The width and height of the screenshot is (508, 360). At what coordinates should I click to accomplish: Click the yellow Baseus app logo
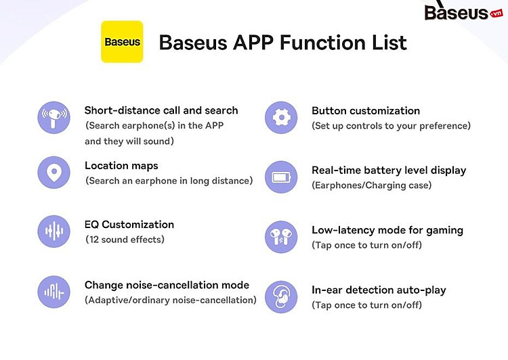pyautogui.click(x=122, y=42)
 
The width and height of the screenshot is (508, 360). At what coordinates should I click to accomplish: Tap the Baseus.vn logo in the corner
pyautogui.click(x=464, y=12)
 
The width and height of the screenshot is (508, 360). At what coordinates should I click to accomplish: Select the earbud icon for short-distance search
pyautogui.click(x=54, y=118)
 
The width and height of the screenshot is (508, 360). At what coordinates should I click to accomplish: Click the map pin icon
pyautogui.click(x=54, y=173)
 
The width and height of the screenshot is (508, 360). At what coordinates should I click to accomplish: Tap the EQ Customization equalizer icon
pyautogui.click(x=54, y=231)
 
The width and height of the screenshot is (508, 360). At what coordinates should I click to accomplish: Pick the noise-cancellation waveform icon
pyautogui.click(x=54, y=292)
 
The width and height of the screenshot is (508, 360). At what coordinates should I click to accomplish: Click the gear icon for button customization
pyautogui.click(x=281, y=118)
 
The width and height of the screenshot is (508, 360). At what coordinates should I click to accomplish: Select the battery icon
pyautogui.click(x=281, y=177)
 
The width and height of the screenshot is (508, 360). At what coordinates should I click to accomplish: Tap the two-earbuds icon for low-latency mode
pyautogui.click(x=281, y=237)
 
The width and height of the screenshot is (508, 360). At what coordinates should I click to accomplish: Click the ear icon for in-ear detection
pyautogui.click(x=281, y=297)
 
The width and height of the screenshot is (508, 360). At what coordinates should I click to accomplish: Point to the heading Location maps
pyautogui.click(x=121, y=166)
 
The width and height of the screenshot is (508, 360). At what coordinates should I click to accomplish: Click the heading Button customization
pyautogui.click(x=366, y=111)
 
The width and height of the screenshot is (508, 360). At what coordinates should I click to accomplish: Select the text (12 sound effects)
pyautogui.click(x=125, y=240)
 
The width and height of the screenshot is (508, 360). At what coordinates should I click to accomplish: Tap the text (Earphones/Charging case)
pyautogui.click(x=372, y=185)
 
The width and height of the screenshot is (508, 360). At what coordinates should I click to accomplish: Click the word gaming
pyautogui.click(x=444, y=231)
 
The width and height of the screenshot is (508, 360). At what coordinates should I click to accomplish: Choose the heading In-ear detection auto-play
pyautogui.click(x=379, y=290)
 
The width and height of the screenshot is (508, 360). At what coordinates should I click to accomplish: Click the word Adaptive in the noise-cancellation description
pyautogui.click(x=108, y=300)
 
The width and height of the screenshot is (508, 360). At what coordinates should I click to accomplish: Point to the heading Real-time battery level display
pyautogui.click(x=389, y=171)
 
